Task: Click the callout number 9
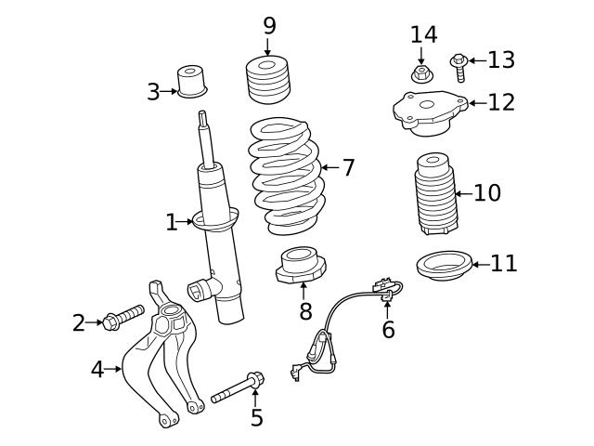[269, 26]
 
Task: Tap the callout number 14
[423, 34]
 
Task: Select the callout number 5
[257, 418]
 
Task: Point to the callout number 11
[504, 264]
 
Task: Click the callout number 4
[97, 369]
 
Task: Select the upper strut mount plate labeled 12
[428, 111]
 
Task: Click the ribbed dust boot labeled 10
[434, 195]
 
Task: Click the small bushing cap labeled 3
[192, 81]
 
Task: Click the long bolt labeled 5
[238, 387]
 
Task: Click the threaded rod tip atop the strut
[202, 121]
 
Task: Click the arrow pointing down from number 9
[269, 48]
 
